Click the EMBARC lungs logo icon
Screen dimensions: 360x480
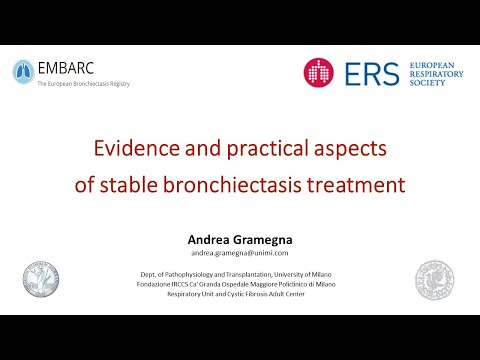pos(22,71)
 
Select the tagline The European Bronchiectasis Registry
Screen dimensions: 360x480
pos(83,84)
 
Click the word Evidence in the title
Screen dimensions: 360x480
pos(136,149)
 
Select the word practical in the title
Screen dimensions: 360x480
pos(267,149)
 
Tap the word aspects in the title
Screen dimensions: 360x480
pos(351,149)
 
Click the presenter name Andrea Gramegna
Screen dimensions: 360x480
pos(238,239)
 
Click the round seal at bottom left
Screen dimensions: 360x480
pos(41,281)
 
